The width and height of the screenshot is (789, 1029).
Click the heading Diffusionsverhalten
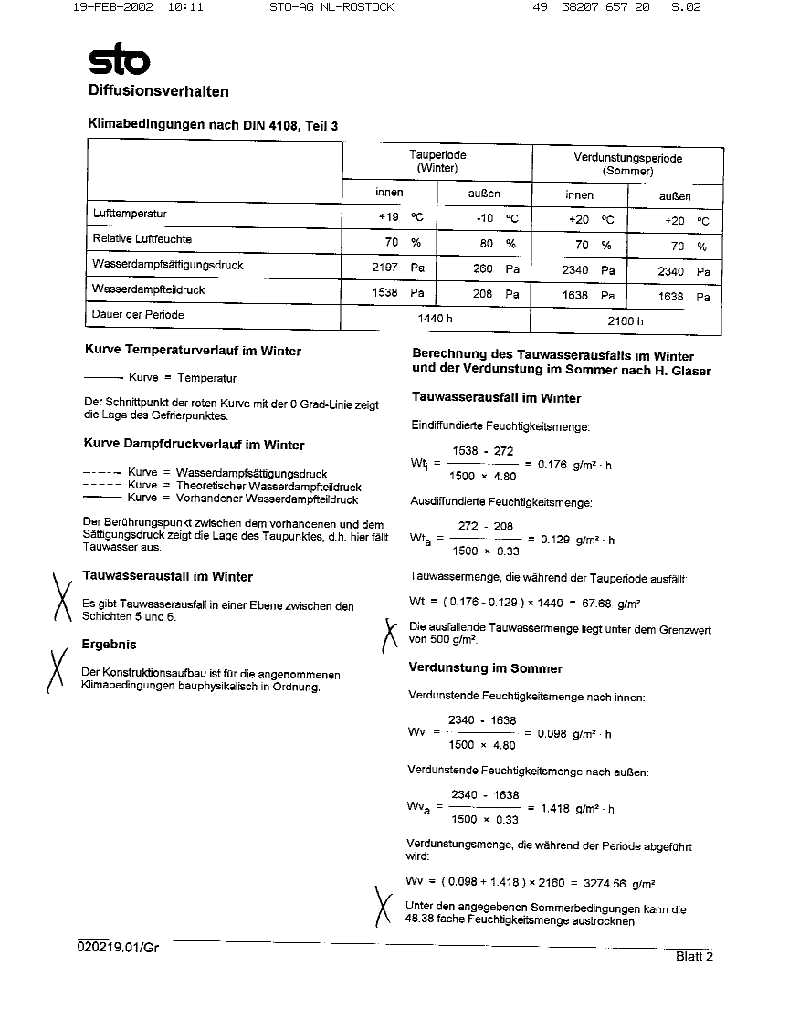pyautogui.click(x=158, y=91)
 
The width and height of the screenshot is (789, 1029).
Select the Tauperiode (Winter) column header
pyautogui.click(x=437, y=162)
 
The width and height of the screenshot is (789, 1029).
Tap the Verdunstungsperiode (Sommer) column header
pyautogui.click(x=627, y=163)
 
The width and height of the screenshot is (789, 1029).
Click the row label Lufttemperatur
pyautogui.click(x=130, y=214)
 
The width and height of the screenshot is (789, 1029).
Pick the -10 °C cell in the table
pyautogui.click(x=497, y=218)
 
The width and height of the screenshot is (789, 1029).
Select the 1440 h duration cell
pyautogui.click(x=436, y=318)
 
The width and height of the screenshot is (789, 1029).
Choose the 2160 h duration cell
pyautogui.click(x=626, y=320)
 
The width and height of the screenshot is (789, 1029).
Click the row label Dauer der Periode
pyautogui.click(x=138, y=314)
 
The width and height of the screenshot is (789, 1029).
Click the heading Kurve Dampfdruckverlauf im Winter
pyautogui.click(x=194, y=445)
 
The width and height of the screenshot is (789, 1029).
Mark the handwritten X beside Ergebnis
pyautogui.click(x=57, y=671)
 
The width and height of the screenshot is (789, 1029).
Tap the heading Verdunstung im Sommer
pyautogui.click(x=485, y=667)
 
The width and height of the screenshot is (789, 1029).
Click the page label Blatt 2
pyautogui.click(x=694, y=956)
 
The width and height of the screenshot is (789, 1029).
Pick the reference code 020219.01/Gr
pyautogui.click(x=119, y=948)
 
